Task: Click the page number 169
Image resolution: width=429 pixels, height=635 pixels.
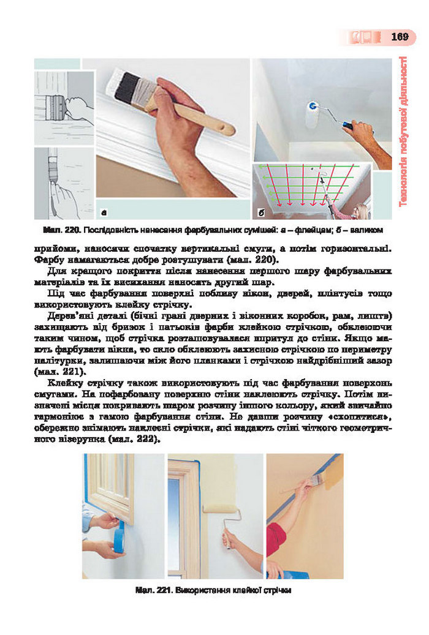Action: click(x=399, y=37)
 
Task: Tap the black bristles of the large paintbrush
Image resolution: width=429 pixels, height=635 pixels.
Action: click(x=128, y=87)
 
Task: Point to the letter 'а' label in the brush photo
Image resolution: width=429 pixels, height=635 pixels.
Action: click(x=104, y=212)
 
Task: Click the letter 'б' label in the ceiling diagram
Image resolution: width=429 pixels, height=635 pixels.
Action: click(x=262, y=212)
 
